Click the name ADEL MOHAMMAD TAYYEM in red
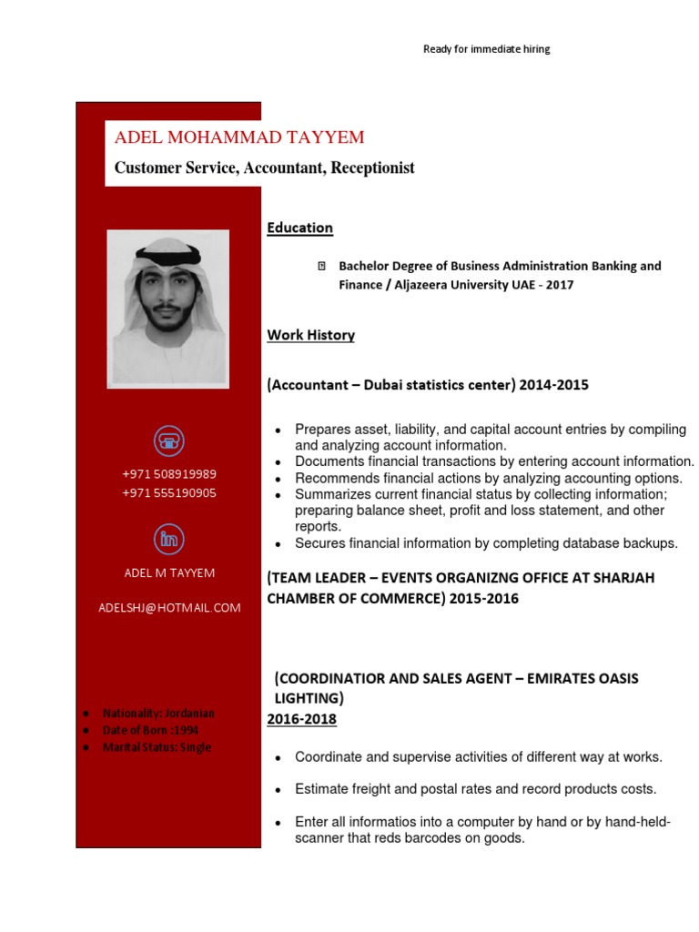click(x=238, y=138)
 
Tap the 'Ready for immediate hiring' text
click(x=486, y=49)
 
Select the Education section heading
click(x=299, y=228)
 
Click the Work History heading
click(x=310, y=335)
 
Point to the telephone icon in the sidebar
click(x=168, y=441)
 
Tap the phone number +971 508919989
click(x=168, y=474)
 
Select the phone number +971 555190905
click(x=168, y=493)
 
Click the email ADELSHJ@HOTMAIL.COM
click(x=168, y=607)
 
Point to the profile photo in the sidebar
click(x=168, y=308)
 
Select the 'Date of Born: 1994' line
click(x=150, y=730)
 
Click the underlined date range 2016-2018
click(x=301, y=720)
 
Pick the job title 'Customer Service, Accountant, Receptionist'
click(x=264, y=168)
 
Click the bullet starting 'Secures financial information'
click(x=486, y=543)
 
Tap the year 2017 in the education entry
click(x=560, y=285)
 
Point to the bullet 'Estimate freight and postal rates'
click(x=475, y=789)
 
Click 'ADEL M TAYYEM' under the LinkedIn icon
click(x=168, y=573)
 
